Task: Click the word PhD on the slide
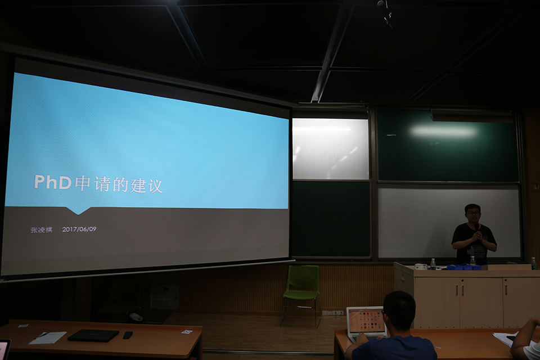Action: (53, 182)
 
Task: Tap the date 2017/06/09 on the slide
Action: (79, 229)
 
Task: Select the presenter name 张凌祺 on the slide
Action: (41, 229)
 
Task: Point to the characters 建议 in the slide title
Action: (146, 186)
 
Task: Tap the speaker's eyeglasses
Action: (474, 213)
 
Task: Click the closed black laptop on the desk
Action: (93, 335)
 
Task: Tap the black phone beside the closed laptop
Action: (128, 335)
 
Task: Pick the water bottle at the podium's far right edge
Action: (534, 263)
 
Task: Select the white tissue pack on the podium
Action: (421, 266)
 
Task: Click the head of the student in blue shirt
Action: (399, 310)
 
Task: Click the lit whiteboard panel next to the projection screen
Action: (330, 149)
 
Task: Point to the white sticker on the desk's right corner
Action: (187, 332)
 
